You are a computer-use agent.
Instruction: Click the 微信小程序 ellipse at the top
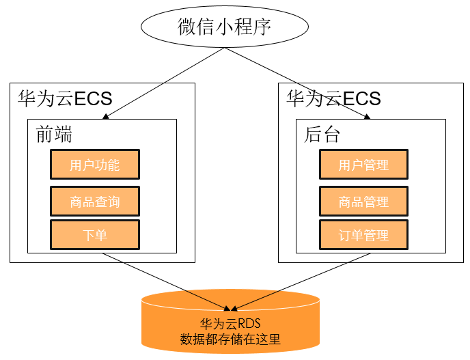[x=224, y=27]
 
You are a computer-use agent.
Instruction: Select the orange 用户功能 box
[x=95, y=165]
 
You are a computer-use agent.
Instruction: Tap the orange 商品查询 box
[x=95, y=201]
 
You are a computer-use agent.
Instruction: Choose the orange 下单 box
[x=95, y=235]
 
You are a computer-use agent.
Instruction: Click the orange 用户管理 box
[x=363, y=165]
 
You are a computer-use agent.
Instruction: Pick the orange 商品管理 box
[x=363, y=201]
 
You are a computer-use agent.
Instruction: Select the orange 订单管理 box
[x=363, y=235]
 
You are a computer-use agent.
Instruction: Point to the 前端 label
[x=54, y=135]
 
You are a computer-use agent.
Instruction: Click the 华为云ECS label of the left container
[x=65, y=98]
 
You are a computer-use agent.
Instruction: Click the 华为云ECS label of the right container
[x=333, y=98]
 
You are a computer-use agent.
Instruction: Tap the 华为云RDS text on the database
[x=230, y=324]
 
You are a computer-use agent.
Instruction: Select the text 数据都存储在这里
[x=230, y=339]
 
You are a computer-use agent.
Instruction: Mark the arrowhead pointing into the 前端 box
[x=105, y=117]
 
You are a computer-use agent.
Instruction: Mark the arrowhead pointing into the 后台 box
[x=367, y=117]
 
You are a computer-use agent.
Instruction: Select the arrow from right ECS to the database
[x=301, y=281]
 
